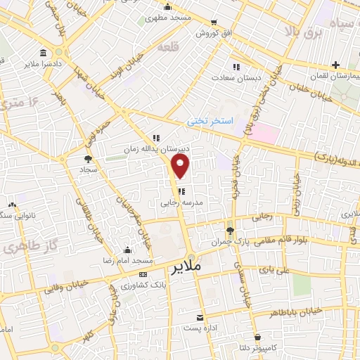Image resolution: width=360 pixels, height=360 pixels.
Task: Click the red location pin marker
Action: click(x=181, y=167)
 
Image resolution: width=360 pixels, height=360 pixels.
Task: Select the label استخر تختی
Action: click(x=207, y=121)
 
